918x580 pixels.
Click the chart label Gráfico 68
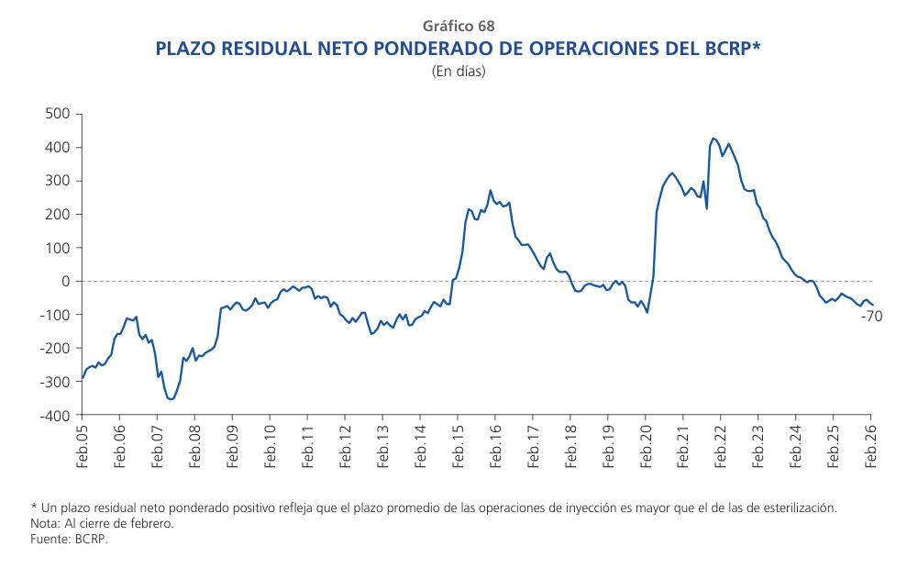[x=459, y=26]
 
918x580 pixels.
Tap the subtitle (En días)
[x=459, y=71]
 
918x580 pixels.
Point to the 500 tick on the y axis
[x=58, y=114]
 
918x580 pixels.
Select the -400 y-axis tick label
[x=55, y=416]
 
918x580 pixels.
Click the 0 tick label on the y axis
[x=66, y=282]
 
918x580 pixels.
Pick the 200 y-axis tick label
[x=58, y=215]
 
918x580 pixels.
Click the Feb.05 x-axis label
[x=83, y=446]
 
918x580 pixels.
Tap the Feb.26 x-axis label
[x=871, y=446]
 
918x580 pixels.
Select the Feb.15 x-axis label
[x=459, y=446]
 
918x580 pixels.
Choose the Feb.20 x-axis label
[x=646, y=446]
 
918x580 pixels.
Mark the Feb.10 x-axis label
[x=271, y=446]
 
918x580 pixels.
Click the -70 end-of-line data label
[x=871, y=317]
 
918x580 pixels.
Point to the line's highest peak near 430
[x=713, y=139]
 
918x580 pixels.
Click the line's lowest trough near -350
[x=171, y=399]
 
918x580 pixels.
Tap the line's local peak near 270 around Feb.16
[x=491, y=191]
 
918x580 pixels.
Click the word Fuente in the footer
[x=50, y=540]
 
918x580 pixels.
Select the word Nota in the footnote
[x=46, y=524]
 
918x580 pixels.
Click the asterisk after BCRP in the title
[x=757, y=44]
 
